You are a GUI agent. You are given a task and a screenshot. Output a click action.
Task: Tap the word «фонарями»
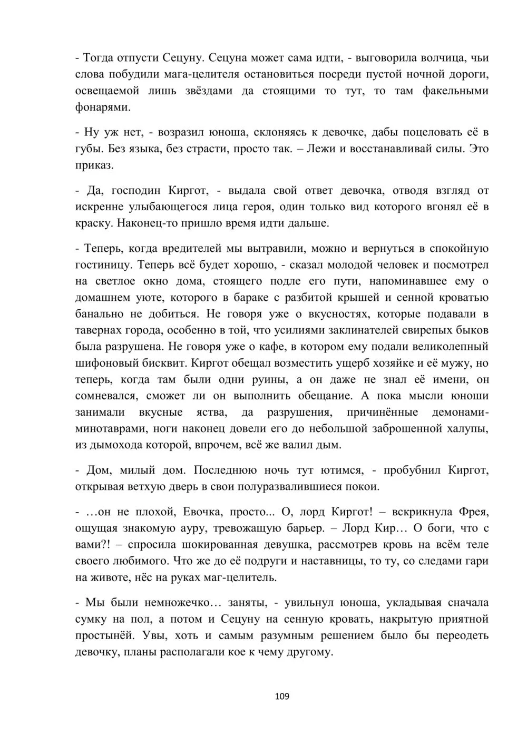tap(102, 107)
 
